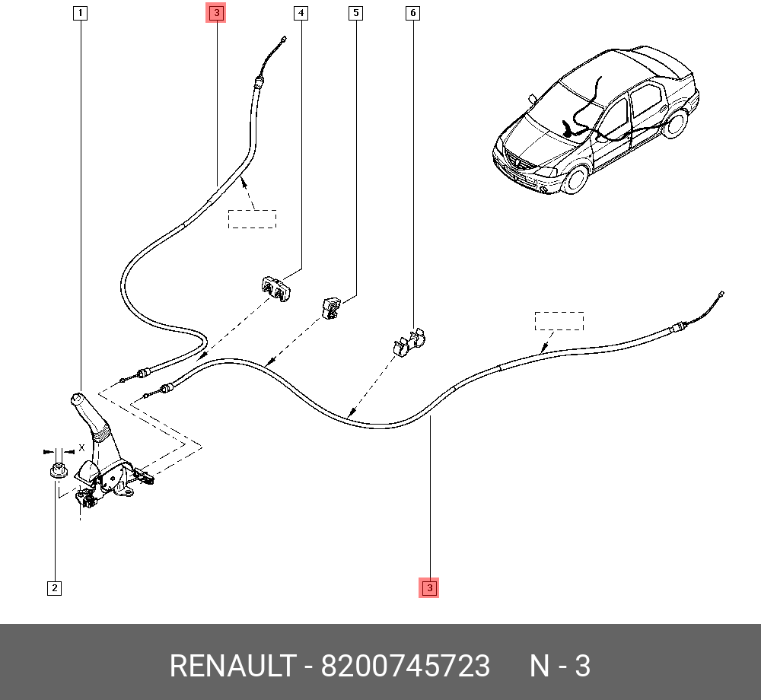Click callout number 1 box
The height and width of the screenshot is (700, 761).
coord(81,13)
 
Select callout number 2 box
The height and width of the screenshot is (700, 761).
coord(54,587)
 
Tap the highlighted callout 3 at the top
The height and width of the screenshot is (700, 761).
coord(216,13)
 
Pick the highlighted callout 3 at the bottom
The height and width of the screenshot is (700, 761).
coord(429,587)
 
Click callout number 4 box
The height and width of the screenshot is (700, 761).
coord(301,13)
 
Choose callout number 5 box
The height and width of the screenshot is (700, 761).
coord(355,13)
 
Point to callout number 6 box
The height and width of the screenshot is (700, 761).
coord(412,13)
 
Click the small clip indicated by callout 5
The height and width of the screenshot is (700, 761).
coord(331,307)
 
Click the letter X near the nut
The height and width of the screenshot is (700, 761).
coord(81,448)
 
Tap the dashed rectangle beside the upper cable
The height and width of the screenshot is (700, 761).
coord(252,218)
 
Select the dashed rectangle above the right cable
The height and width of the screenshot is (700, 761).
coord(559,320)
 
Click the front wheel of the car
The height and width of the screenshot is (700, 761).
coord(577,178)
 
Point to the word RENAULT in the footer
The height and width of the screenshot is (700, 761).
coord(231,667)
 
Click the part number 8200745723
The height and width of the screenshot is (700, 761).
coord(406,667)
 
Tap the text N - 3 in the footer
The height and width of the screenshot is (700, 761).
coord(560,667)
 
